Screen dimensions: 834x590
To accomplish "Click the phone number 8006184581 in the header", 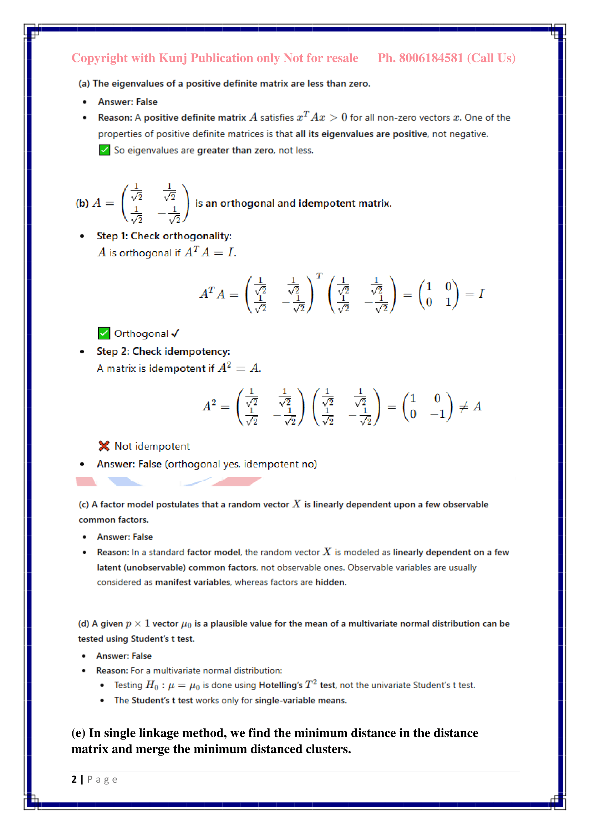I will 431,58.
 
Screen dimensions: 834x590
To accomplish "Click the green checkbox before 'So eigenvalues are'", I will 104,150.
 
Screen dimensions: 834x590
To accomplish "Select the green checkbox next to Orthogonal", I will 104,333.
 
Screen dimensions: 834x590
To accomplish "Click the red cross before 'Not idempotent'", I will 104,446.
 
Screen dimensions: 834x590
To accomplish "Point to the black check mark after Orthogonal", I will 176,333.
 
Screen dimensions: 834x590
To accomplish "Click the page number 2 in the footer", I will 74,779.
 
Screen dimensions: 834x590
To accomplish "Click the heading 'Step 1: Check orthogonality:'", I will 164,236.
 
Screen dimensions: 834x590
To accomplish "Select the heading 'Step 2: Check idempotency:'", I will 163,351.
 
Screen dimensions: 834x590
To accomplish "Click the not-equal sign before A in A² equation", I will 464,407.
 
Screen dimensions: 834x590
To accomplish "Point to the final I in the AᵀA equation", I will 481,293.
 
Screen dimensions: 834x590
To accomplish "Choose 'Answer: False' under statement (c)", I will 124,537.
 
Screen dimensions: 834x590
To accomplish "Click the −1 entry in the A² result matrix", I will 438,414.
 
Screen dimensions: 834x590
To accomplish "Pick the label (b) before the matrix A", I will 82,203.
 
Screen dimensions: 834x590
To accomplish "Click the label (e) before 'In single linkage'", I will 78,733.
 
